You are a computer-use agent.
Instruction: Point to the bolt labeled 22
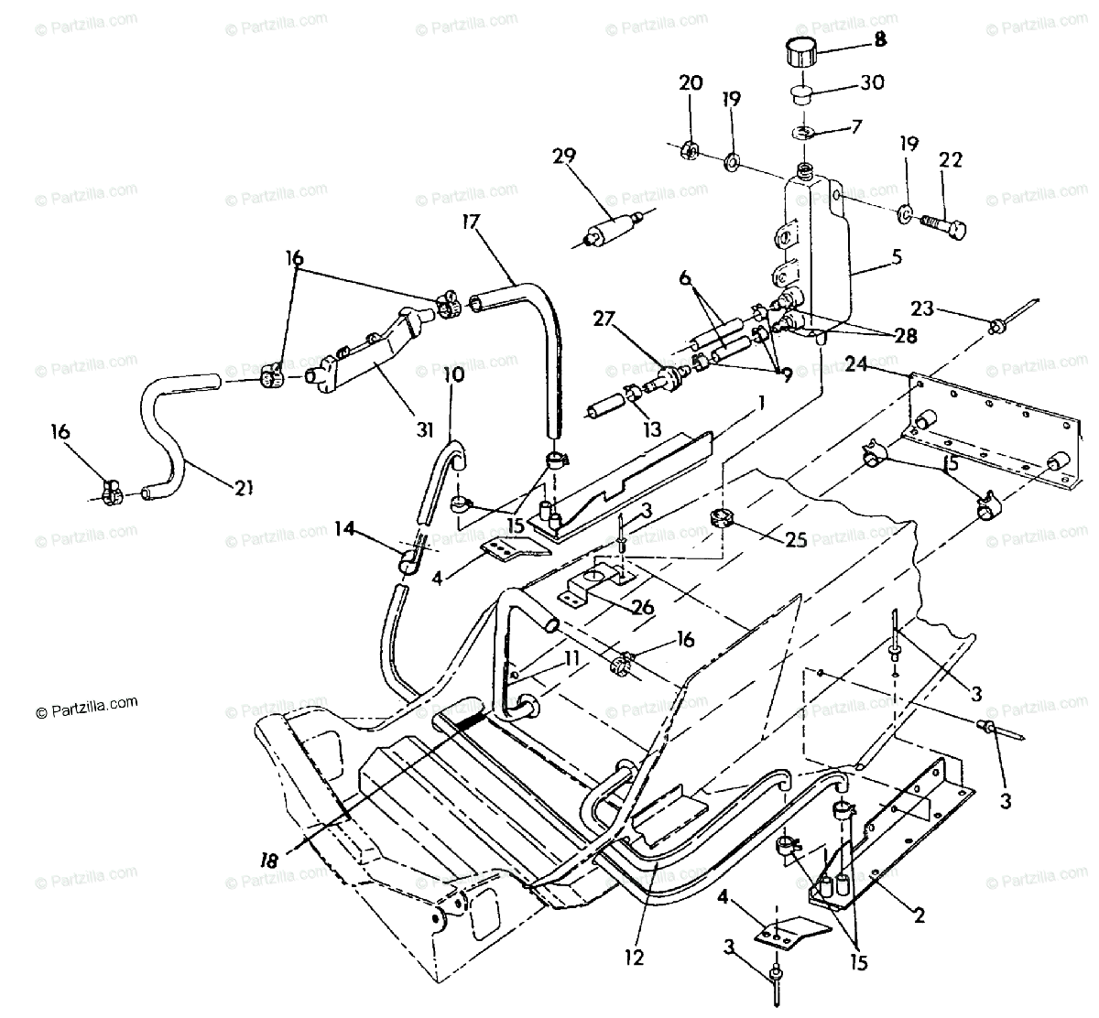(x=951, y=161)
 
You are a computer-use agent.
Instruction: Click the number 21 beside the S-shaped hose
(x=243, y=487)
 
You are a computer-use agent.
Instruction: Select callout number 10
(x=454, y=374)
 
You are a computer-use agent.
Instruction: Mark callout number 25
(x=796, y=540)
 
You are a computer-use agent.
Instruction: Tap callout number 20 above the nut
(x=691, y=83)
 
